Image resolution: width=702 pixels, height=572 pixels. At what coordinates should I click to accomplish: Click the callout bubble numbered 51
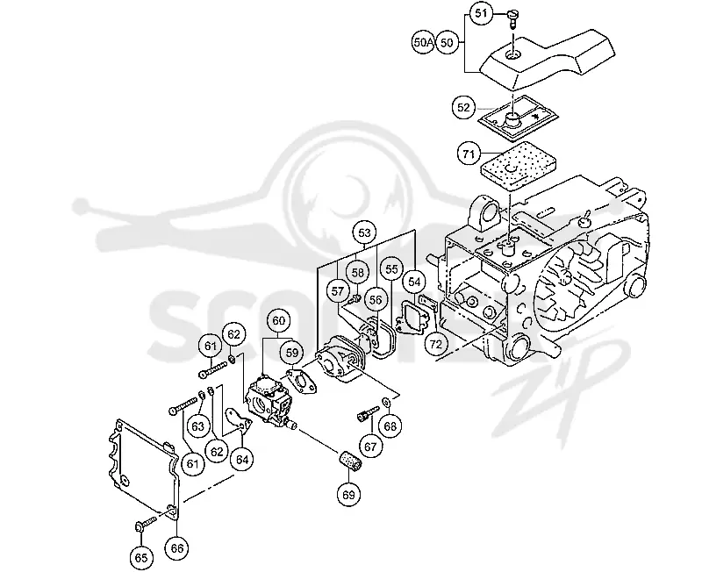(x=481, y=13)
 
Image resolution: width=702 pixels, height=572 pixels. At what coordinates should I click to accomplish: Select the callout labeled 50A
(x=423, y=42)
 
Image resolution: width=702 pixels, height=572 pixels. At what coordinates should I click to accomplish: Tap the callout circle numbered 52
(x=464, y=108)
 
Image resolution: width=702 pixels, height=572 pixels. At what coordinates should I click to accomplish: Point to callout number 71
(x=469, y=154)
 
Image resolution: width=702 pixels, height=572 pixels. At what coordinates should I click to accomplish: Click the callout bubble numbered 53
(x=365, y=232)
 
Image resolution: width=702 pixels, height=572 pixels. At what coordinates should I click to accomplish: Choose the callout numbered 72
(x=435, y=344)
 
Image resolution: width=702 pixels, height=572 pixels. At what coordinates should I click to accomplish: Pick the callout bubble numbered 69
(x=348, y=495)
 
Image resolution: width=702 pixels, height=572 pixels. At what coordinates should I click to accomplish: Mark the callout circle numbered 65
(x=141, y=558)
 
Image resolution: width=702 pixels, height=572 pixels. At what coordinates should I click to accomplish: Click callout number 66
(x=177, y=547)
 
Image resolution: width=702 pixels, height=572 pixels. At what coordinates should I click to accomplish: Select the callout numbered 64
(x=242, y=459)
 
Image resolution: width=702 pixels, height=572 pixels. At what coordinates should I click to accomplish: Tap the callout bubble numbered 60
(x=278, y=320)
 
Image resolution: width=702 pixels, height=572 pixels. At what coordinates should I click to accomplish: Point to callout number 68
(x=390, y=426)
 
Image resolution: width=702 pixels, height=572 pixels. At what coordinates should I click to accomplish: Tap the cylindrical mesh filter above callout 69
(x=349, y=461)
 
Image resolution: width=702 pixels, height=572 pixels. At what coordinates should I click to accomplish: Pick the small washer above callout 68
(x=386, y=402)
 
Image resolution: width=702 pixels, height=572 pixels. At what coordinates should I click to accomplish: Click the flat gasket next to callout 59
(x=301, y=382)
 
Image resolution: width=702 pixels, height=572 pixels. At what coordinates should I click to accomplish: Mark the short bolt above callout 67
(x=367, y=412)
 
